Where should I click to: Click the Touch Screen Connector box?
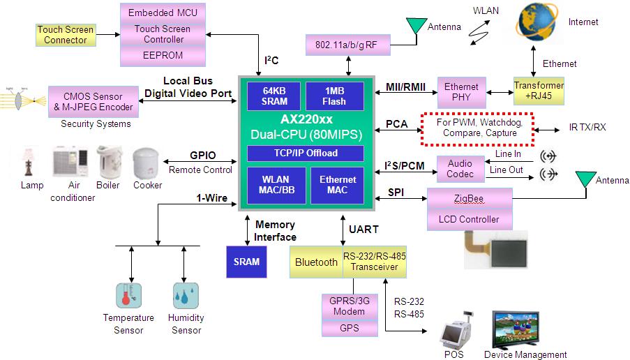click(x=65, y=35)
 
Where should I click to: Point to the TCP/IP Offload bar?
click(x=306, y=153)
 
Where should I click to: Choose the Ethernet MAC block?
click(x=337, y=185)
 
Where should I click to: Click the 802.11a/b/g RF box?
click(x=346, y=45)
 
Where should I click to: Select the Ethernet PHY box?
click(x=461, y=92)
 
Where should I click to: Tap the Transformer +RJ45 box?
click(x=538, y=91)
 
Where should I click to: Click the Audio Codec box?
click(x=460, y=169)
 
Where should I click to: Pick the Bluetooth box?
click(x=316, y=262)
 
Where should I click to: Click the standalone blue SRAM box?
click(x=246, y=262)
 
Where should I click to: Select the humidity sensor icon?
click(x=185, y=296)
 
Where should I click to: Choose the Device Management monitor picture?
click(x=525, y=329)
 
